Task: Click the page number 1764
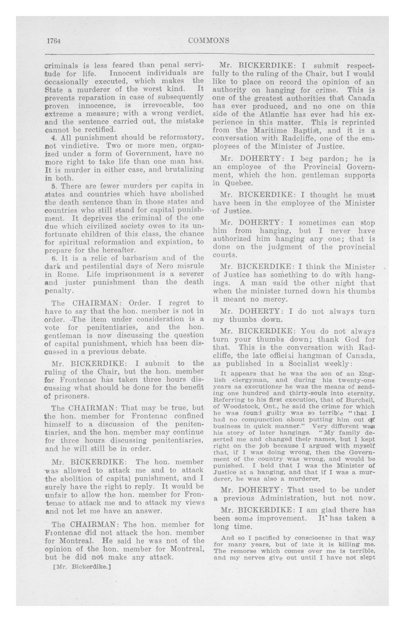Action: click(54, 41)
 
